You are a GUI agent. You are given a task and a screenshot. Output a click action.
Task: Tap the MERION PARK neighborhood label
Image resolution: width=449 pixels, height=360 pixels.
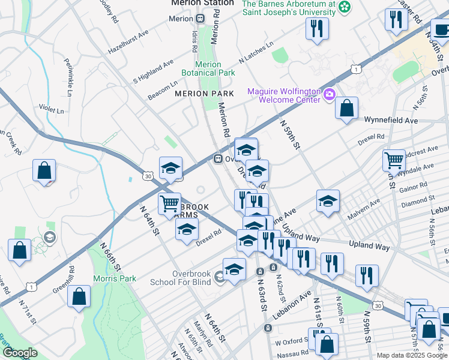(x=204, y=94)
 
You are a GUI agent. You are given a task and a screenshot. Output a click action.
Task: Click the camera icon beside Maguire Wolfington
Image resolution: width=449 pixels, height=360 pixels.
(x=329, y=95)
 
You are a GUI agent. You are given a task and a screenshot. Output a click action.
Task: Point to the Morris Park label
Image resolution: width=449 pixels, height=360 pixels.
(x=115, y=279)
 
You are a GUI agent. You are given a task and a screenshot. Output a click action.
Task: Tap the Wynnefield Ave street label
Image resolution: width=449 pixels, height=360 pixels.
(x=394, y=121)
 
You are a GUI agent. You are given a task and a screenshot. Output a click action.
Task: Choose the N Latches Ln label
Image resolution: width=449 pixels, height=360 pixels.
(x=256, y=53)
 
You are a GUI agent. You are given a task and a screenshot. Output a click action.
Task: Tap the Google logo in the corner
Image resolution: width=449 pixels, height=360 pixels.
(x=20, y=353)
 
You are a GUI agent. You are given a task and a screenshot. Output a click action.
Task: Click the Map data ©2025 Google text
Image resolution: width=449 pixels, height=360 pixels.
(x=411, y=355)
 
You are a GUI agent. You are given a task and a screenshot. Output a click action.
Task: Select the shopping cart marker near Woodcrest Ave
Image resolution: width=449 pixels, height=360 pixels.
(x=394, y=160)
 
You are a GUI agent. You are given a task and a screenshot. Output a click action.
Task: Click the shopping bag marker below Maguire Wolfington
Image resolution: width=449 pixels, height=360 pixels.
(x=346, y=109)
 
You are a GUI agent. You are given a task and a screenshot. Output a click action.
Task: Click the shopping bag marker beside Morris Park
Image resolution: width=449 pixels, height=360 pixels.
(x=79, y=296)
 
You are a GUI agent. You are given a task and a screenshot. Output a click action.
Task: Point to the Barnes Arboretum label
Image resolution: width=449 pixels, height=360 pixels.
(x=289, y=7)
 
